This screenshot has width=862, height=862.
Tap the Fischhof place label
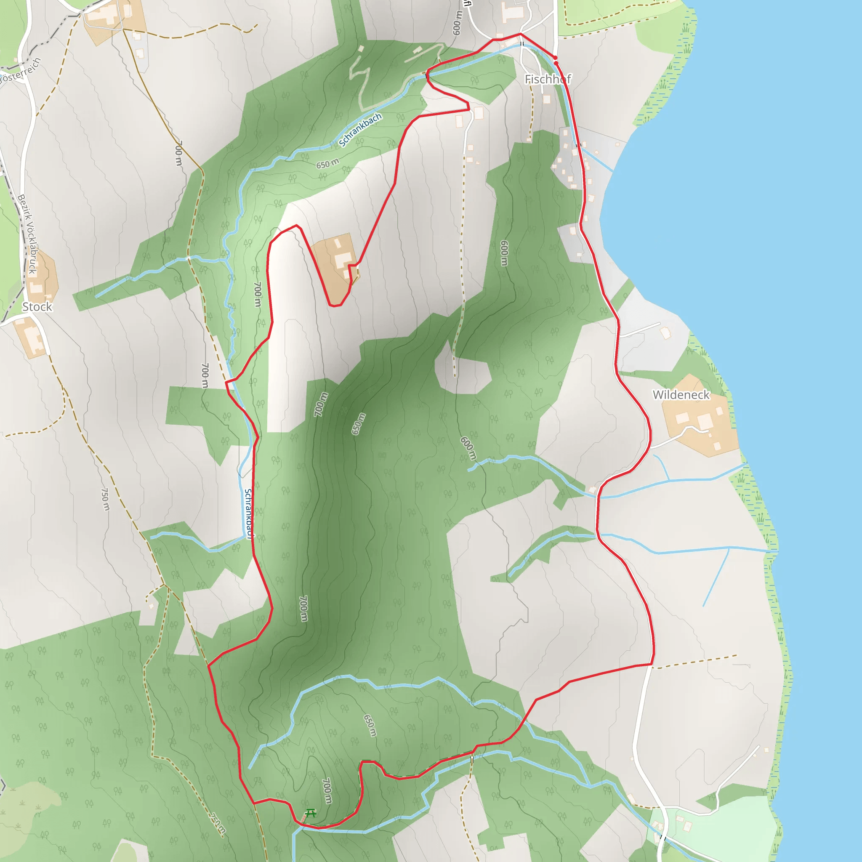[x=548, y=80]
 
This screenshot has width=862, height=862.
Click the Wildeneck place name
[x=681, y=395]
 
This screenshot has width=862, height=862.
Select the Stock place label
[x=37, y=307]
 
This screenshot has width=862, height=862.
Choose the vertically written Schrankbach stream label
[x=248, y=513]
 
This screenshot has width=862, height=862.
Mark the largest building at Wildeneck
[x=704, y=421]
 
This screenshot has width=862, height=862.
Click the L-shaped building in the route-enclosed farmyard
[x=343, y=260]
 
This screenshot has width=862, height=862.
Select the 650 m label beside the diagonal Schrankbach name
[x=327, y=164]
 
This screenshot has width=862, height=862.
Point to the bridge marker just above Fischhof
[x=521, y=44]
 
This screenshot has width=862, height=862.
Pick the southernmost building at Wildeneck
[x=717, y=446]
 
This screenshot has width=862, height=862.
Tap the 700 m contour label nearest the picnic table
[x=327, y=790]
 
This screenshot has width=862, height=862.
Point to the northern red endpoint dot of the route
[x=555, y=58]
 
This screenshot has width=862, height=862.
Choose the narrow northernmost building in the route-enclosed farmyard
[x=338, y=244]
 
